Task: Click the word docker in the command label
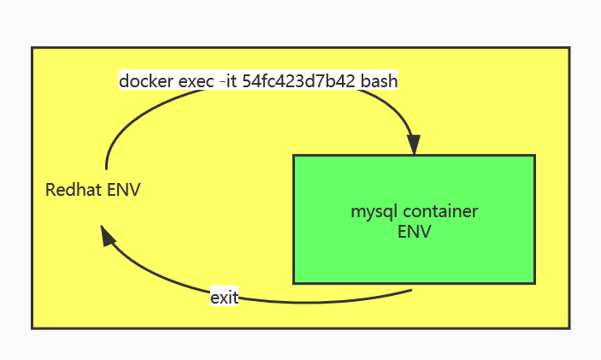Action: (x=143, y=81)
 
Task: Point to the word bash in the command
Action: (x=380, y=81)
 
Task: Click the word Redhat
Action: (x=74, y=190)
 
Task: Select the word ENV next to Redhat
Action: (x=124, y=190)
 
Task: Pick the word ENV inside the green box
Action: (x=415, y=231)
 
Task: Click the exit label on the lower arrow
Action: (x=224, y=298)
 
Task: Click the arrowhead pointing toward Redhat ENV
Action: (x=106, y=235)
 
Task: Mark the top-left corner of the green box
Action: (x=294, y=156)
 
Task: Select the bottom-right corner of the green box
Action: (x=534, y=282)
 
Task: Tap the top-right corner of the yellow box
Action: (x=569, y=49)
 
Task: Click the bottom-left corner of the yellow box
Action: (x=32, y=327)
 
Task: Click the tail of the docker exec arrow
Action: (x=107, y=168)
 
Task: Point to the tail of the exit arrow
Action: (x=413, y=290)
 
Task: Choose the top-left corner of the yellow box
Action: (x=32, y=49)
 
